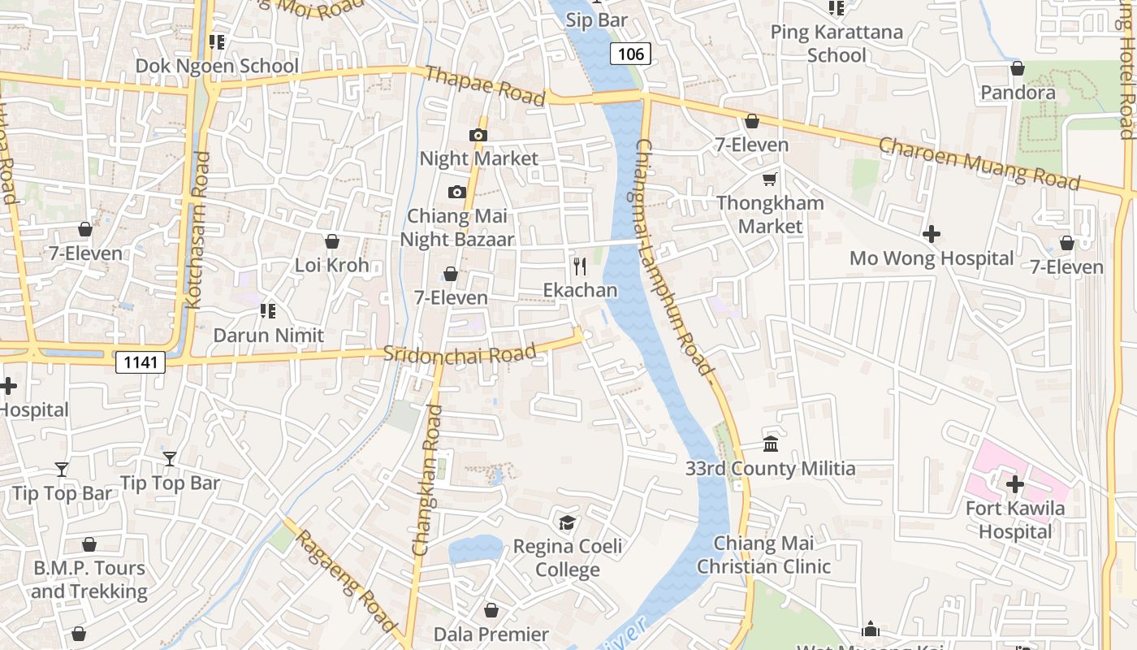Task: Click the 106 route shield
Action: coord(630,54)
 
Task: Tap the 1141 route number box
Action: coord(140,362)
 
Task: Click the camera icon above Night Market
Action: coord(478,135)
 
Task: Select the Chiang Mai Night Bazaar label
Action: coord(457,227)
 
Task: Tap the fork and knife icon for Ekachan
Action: coord(580,266)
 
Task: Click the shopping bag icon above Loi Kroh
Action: coord(331,241)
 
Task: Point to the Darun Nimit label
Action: coord(268,335)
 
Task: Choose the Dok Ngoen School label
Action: coord(217,66)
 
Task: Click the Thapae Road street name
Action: coord(485,84)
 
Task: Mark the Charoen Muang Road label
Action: coord(979,163)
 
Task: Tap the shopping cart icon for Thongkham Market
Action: coord(769,179)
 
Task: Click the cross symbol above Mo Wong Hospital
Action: coord(932,235)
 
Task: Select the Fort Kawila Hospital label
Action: coord(1014,520)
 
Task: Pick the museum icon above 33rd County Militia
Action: coord(770,444)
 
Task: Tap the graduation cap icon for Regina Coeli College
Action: coord(567,522)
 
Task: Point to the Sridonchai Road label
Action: coord(460,353)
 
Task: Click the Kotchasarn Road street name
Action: coord(197,230)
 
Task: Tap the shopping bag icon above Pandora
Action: coord(1017,68)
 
